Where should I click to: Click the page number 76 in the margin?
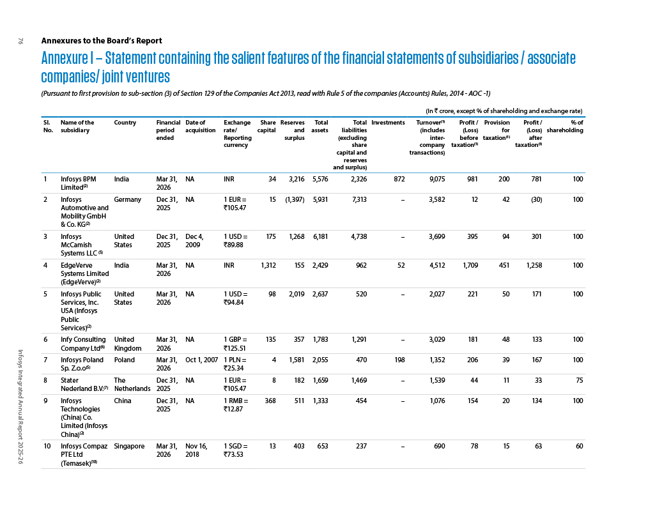coord(20,41)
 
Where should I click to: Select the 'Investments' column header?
coord(388,122)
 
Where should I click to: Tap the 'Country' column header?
coord(125,122)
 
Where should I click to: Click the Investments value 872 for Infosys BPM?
coord(399,179)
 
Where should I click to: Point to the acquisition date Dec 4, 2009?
coord(194,240)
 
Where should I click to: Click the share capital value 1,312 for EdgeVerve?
coord(268,265)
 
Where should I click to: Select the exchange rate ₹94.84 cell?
coord(235,298)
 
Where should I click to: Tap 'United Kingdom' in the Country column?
coord(127,344)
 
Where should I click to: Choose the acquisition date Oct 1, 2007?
coord(201,360)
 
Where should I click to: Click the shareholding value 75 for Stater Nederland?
coord(579,380)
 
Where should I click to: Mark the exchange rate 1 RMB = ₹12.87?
coord(236,404)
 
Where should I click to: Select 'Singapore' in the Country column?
coord(129,447)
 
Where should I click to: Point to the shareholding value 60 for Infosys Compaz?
coord(579,446)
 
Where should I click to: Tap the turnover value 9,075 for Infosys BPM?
coord(437,179)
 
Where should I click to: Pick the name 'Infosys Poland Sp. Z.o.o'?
coord(82,364)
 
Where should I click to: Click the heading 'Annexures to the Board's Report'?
coord(102,40)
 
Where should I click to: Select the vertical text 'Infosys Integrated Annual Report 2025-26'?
coord(20,406)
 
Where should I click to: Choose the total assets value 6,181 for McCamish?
coord(320,237)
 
